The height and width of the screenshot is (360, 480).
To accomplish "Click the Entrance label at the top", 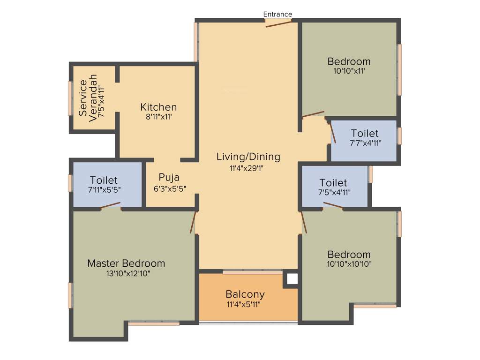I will click(x=277, y=14).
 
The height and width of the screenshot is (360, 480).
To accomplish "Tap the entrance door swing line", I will click(x=278, y=24).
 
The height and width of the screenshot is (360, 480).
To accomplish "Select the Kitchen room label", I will click(x=158, y=107).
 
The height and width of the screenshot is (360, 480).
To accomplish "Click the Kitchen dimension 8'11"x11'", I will click(x=158, y=117).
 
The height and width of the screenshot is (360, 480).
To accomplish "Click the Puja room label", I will click(x=169, y=177).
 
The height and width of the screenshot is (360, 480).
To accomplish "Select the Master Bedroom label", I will click(x=126, y=263).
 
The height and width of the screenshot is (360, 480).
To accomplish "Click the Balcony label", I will click(x=245, y=294).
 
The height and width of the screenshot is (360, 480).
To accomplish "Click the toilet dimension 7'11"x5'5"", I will click(x=104, y=190).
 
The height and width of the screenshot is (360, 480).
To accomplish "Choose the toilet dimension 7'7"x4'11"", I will click(x=366, y=143).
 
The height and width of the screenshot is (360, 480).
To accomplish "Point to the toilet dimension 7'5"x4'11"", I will click(x=333, y=192).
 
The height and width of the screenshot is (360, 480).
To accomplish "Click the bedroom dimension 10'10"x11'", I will click(x=349, y=71).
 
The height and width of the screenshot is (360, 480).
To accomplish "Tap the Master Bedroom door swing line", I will click(x=192, y=222).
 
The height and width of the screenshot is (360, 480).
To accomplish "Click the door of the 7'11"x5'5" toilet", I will click(x=110, y=205).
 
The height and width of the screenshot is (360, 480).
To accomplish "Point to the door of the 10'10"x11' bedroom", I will click(x=313, y=114).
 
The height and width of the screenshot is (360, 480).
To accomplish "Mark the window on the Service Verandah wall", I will click(x=70, y=98).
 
